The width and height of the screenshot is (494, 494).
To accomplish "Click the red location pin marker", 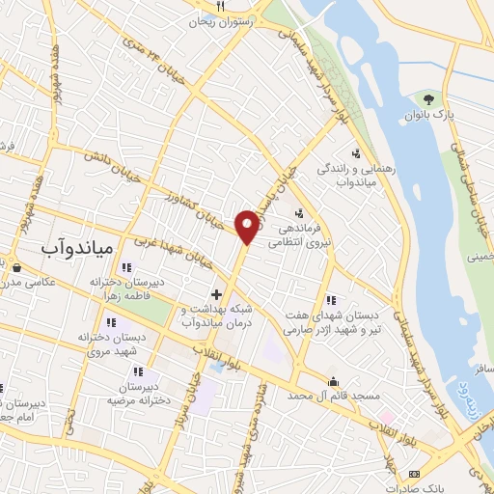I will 247,226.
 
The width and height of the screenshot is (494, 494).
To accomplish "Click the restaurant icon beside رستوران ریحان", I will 221,6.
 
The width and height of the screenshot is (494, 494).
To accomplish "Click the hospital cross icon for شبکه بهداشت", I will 216,293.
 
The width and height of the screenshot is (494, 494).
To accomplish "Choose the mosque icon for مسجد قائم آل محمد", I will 334,381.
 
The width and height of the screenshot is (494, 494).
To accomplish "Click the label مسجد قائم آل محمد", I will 334,397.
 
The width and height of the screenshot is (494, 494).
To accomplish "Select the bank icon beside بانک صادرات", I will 415,474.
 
